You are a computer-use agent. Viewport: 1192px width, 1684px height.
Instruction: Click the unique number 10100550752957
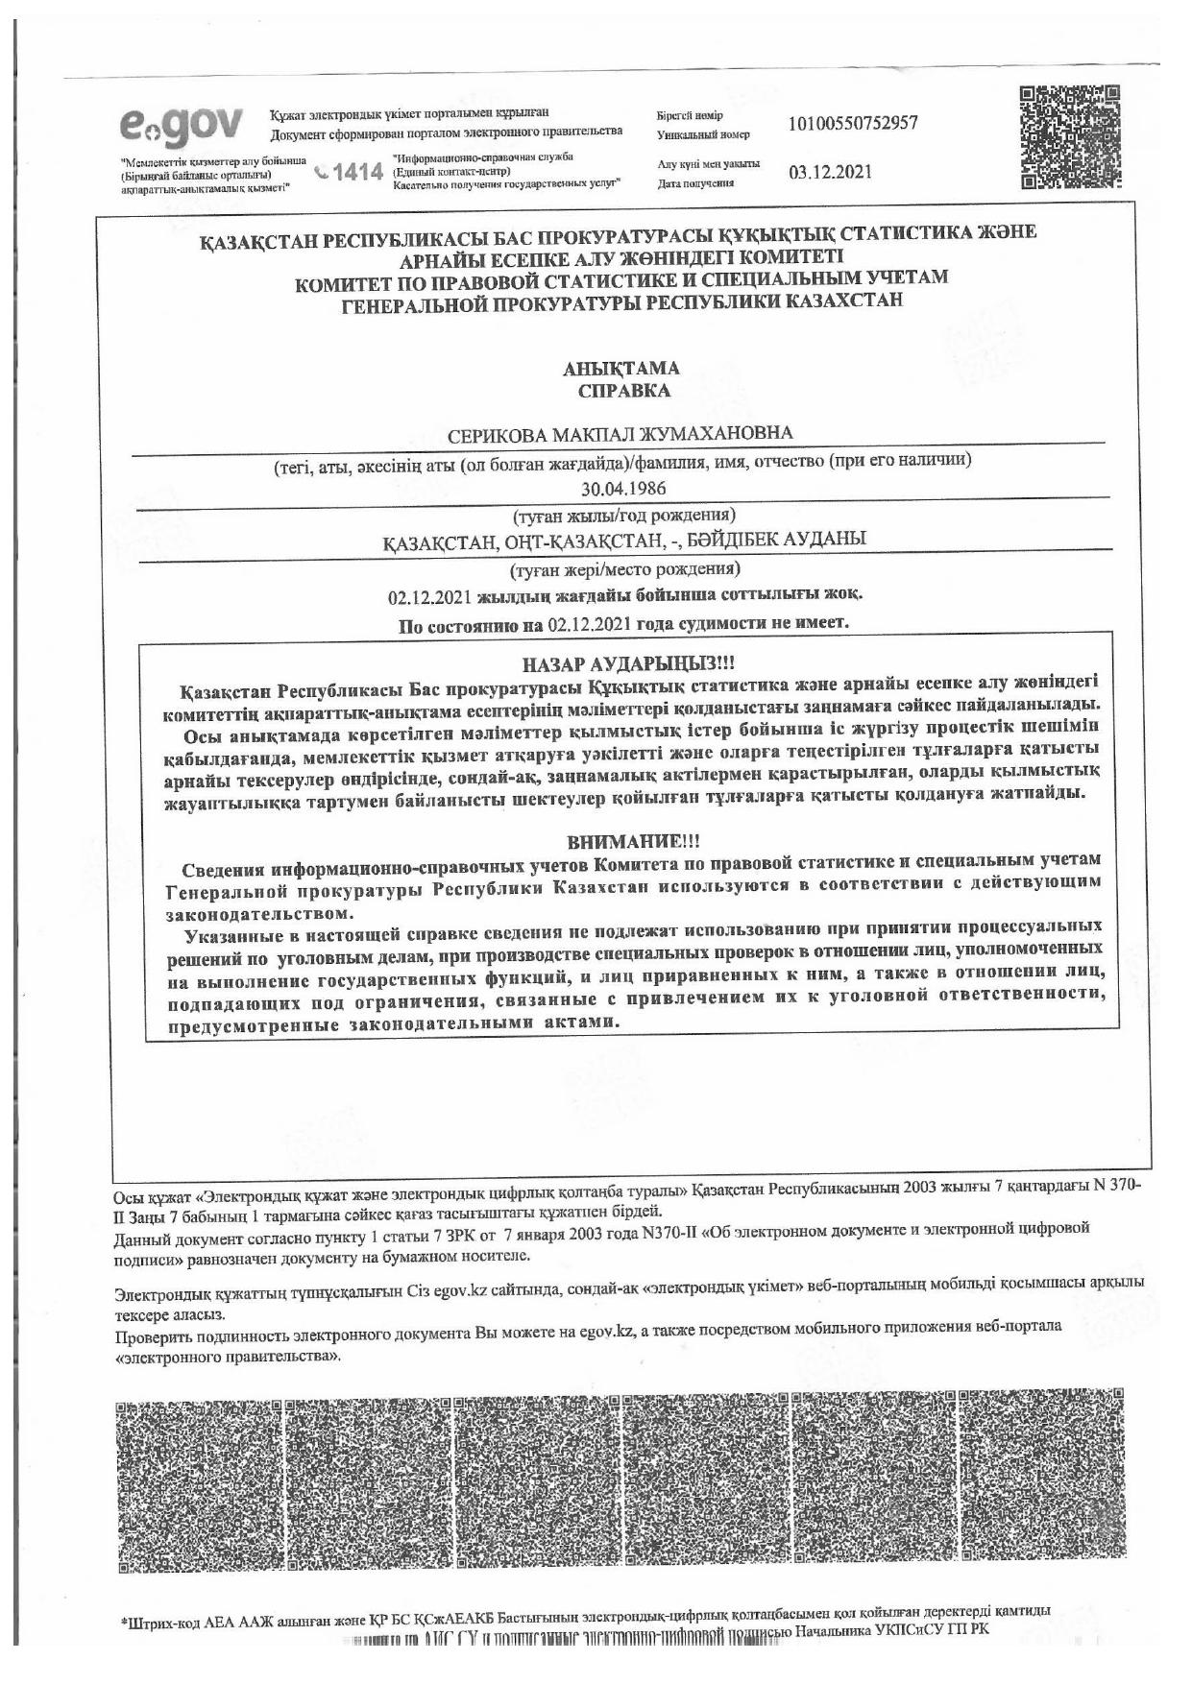(852, 124)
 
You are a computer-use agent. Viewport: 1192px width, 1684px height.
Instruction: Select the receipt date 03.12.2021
(830, 173)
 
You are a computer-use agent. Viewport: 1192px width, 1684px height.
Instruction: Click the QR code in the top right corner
(1070, 137)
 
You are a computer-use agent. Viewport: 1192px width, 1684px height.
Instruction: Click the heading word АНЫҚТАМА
(620, 369)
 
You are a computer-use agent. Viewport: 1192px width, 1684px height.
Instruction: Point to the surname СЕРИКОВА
(498, 434)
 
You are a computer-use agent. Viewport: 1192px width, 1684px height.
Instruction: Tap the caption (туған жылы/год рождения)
(624, 515)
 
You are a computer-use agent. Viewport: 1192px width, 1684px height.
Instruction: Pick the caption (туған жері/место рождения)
(624, 568)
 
